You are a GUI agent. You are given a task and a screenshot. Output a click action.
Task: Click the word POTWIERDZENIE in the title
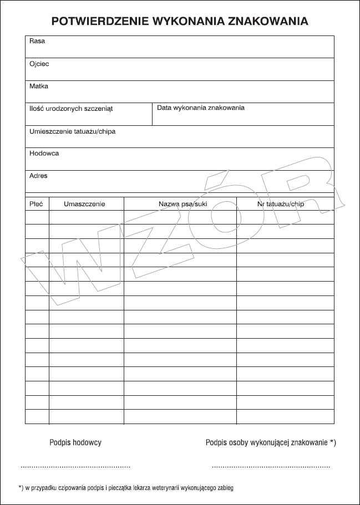click(95, 22)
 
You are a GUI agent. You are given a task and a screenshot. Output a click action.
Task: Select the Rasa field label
click(37, 41)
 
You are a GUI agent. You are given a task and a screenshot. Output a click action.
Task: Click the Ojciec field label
click(39, 64)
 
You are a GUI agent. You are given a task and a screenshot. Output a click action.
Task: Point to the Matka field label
click(39, 86)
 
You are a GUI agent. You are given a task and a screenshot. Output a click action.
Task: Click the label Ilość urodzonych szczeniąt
click(71, 109)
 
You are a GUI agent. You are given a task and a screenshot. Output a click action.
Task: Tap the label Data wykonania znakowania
click(201, 108)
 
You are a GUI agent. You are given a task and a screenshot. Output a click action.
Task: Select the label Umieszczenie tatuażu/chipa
click(72, 131)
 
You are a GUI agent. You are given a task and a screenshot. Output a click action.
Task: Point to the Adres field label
click(38, 176)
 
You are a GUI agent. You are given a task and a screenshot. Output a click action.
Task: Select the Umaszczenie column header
click(84, 204)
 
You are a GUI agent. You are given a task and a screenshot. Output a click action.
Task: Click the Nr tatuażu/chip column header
click(281, 204)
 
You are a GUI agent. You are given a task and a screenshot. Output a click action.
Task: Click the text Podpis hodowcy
click(75, 442)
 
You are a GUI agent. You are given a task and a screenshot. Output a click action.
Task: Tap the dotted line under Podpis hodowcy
click(75, 467)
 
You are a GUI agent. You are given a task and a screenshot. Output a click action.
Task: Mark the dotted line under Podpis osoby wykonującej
click(271, 467)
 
